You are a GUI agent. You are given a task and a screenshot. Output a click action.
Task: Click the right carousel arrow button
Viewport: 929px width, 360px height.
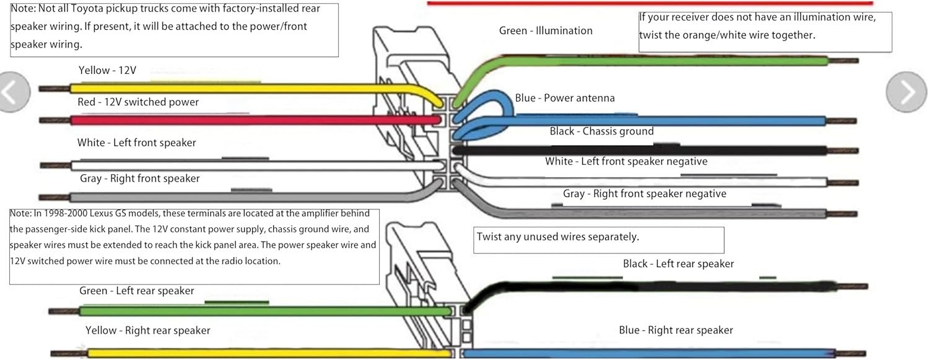point(906,92)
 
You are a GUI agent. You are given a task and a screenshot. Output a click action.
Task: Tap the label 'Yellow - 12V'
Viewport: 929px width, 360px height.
point(107,71)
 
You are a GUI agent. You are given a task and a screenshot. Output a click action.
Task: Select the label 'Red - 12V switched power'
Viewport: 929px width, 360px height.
point(138,102)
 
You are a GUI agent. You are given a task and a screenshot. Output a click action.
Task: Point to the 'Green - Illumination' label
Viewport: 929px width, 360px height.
point(546,30)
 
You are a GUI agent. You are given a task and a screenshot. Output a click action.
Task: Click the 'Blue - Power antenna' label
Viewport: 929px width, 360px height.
point(565,98)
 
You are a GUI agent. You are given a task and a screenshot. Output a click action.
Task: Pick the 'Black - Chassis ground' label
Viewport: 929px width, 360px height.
point(601,131)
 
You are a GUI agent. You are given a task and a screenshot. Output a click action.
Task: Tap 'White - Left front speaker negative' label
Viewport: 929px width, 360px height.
point(626,161)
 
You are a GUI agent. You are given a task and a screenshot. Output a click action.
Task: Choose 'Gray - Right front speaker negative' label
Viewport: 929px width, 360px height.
point(644,194)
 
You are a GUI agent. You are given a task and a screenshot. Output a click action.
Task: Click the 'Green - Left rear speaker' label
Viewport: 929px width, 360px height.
point(136,291)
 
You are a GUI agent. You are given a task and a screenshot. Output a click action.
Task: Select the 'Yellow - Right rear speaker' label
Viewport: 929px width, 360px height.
point(147,330)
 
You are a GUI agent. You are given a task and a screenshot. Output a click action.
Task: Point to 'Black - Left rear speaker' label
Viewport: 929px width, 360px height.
point(678,264)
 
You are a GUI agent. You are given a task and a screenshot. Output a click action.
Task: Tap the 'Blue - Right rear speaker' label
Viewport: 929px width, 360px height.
point(676,330)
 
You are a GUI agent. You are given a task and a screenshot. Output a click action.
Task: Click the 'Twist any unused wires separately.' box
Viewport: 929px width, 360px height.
point(598,240)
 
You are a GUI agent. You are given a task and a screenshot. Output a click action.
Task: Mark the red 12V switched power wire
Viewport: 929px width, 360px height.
point(248,120)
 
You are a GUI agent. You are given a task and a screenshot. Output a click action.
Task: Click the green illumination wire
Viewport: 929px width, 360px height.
point(650,61)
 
